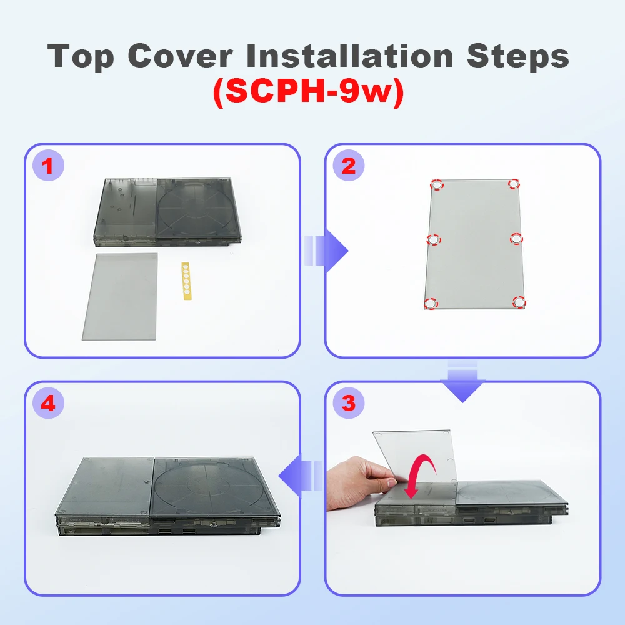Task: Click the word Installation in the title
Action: [350, 55]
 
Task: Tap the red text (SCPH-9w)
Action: [309, 91]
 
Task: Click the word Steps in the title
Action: [517, 57]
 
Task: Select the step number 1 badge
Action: [48, 166]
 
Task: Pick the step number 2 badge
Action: [349, 166]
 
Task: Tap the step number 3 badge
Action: [349, 403]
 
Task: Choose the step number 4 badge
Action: [48, 403]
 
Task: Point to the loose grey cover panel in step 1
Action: [120, 296]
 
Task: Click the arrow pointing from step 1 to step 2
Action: [326, 251]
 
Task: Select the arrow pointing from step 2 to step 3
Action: [462, 381]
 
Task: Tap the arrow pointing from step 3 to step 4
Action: [301, 476]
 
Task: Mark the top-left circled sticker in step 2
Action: [437, 185]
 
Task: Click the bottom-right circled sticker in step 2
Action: [519, 302]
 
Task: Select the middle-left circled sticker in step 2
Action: [433, 240]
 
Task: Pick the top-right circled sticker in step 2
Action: [514, 184]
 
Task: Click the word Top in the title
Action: [81, 57]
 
